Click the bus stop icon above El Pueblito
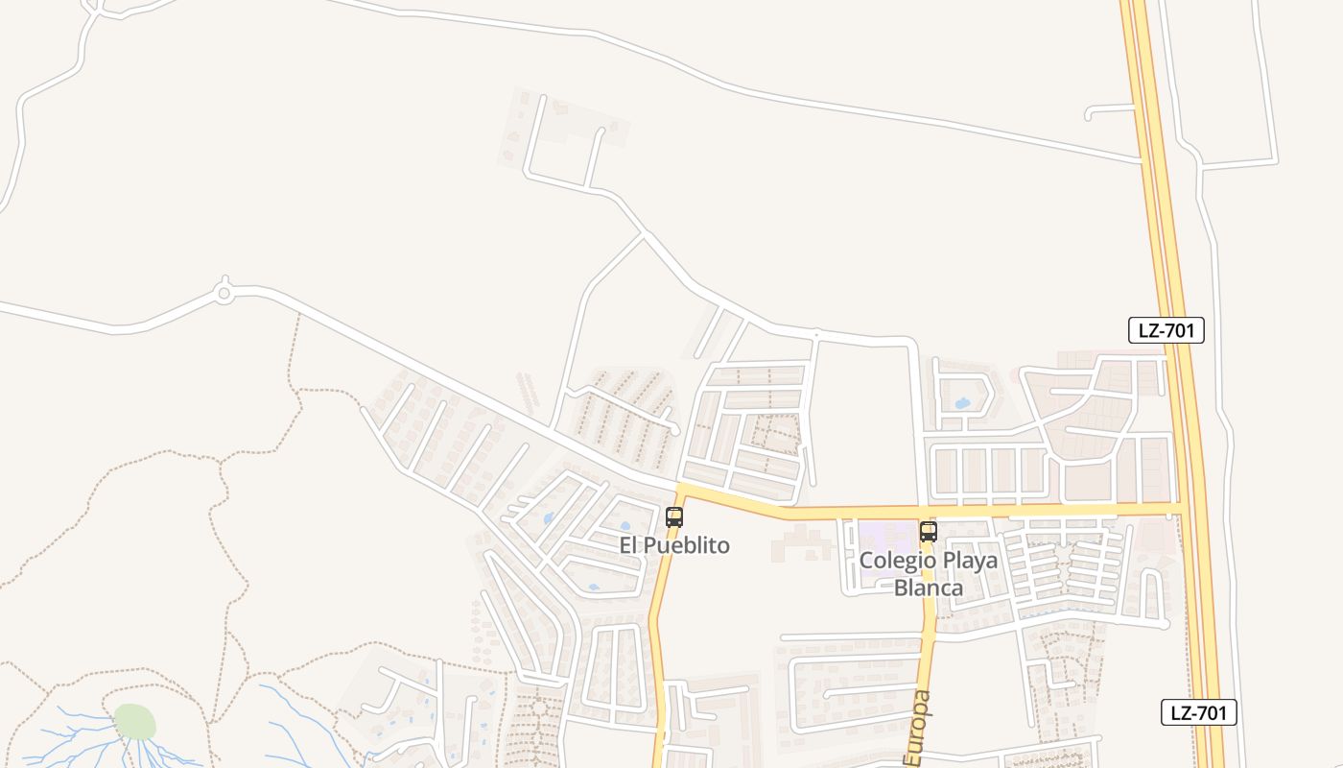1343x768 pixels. (x=674, y=517)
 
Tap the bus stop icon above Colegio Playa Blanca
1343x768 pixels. (x=928, y=531)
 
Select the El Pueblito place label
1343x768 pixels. (x=674, y=545)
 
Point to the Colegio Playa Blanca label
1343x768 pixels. (x=928, y=573)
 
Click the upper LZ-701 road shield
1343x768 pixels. (x=1166, y=331)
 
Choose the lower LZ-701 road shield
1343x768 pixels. (x=1199, y=712)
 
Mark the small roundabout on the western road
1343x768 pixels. (x=224, y=293)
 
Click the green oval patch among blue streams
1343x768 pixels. (x=134, y=722)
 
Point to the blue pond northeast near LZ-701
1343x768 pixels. (x=961, y=403)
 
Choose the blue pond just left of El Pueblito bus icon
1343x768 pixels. (x=624, y=526)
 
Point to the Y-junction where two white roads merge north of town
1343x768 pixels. (x=644, y=233)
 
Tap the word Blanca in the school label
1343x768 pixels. (x=928, y=587)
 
